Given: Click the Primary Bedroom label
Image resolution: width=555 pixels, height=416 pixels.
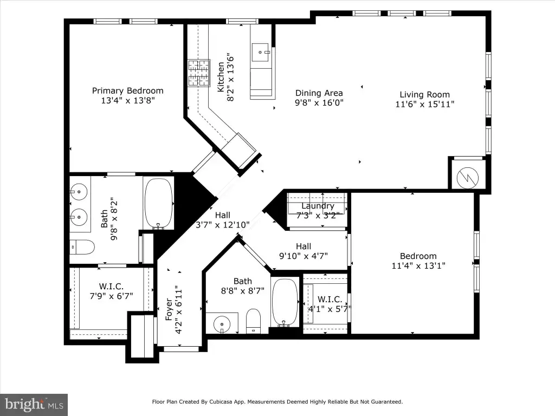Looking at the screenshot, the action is coord(128,91).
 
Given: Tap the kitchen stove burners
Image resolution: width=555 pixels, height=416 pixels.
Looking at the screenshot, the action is coord(198,73).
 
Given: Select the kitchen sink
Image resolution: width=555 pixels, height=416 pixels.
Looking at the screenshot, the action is coord(261,53).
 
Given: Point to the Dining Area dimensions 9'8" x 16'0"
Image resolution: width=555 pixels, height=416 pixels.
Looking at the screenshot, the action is coord(319,103).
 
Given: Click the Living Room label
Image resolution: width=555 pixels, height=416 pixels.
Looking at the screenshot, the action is coord(425,94).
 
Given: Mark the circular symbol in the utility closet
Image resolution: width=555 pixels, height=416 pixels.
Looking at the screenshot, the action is coord(468,178).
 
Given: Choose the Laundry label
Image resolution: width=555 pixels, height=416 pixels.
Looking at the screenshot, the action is coord(318,206).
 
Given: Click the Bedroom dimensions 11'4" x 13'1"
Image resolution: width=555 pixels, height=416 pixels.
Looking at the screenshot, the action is coord(418,265).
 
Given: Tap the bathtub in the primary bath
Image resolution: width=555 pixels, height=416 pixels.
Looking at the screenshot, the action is coord(159,204).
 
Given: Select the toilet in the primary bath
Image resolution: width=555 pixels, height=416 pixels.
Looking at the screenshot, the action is coord(82,246).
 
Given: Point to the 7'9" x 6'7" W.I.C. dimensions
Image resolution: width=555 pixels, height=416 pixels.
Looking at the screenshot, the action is coord(111,296).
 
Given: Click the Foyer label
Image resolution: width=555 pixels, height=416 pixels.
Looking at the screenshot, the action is coord(169,309).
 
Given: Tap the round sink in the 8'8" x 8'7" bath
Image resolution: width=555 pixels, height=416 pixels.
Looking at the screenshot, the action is coord(222,324).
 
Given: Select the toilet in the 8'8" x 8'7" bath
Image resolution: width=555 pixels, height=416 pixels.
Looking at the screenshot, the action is coord(253,321).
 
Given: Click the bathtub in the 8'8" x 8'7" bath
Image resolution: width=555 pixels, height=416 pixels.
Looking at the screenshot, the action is coord(285,303).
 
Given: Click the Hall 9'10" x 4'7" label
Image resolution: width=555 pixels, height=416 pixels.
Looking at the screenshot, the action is coord(304,251).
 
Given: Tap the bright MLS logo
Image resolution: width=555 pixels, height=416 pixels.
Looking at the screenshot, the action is coord(34,405).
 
